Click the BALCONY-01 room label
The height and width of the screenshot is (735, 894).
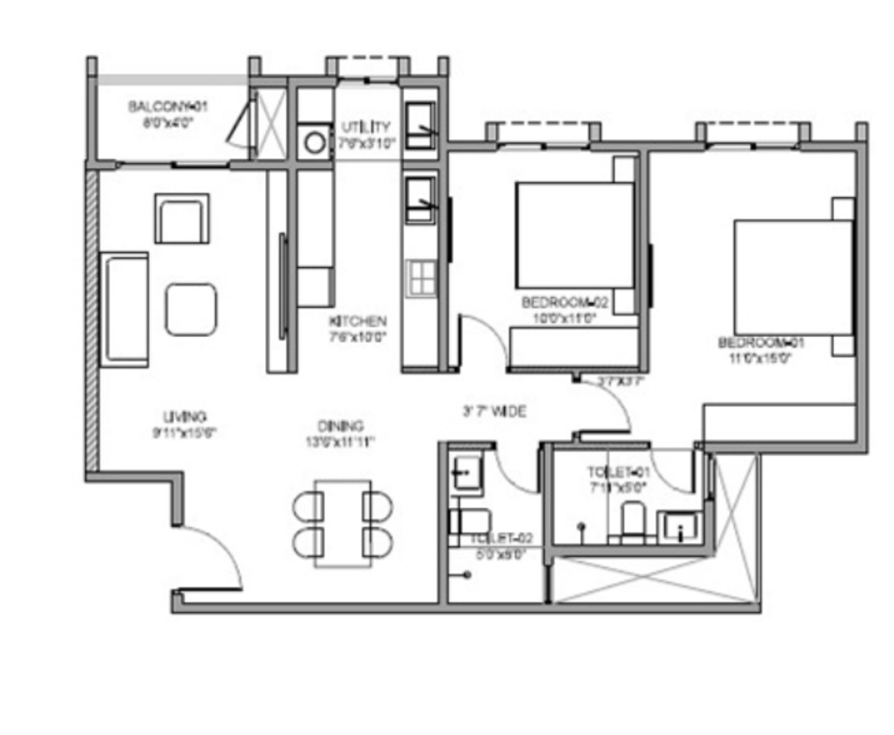168,106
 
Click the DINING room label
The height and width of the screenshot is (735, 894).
340,426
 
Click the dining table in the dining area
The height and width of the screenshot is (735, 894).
343,524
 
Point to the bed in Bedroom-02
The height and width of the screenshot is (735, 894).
574,235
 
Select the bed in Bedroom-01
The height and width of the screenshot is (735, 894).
793,277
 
